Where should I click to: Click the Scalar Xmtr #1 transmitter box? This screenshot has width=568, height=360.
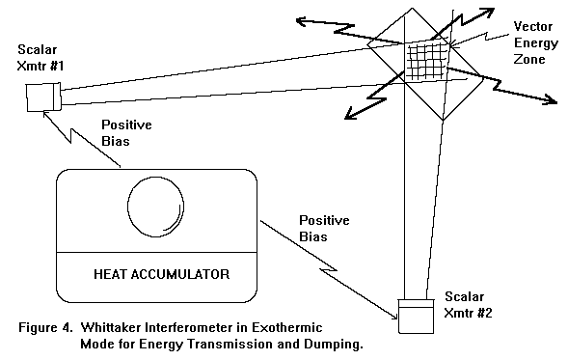pos(43,97)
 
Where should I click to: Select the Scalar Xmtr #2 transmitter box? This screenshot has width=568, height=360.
pos(416,317)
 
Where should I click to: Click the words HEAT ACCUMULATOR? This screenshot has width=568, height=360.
pos(162,274)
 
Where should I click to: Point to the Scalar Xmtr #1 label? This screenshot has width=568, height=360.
pos(41,58)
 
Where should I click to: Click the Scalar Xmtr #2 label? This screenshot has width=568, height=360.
pos(468,305)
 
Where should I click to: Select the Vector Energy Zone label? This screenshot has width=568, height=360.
pos(535,42)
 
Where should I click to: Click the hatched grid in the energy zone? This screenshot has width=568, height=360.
pos(427,61)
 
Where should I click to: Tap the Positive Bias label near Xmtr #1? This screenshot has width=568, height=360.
pos(126,132)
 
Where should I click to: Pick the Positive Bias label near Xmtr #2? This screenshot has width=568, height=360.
pos(324,229)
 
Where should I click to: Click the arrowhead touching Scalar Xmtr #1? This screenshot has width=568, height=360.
pos(46,115)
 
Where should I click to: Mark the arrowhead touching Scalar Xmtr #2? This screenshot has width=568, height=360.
pos(393,317)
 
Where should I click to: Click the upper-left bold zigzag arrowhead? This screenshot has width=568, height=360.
pos(302,21)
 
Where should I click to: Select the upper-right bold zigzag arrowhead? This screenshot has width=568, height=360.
pos(489,12)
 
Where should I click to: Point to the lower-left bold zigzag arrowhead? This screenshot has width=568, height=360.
pos(349,115)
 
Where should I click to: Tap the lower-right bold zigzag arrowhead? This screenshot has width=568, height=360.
pos(552,100)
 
